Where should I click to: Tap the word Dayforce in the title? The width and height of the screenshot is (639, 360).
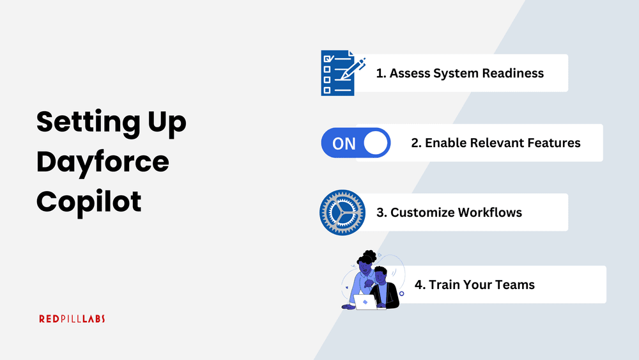click(x=103, y=162)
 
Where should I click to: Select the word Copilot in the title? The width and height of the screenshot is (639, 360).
click(x=89, y=201)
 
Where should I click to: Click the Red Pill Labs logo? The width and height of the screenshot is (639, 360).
click(x=72, y=318)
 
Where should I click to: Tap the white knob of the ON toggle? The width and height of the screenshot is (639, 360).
click(x=376, y=143)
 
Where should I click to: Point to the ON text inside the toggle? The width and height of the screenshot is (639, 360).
click(x=344, y=143)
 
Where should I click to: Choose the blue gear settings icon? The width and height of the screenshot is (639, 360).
click(x=341, y=212)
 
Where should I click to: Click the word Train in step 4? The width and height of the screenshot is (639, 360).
click(x=444, y=284)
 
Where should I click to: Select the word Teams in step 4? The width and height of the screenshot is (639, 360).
click(x=516, y=284)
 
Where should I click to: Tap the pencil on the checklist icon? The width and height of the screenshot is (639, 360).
click(x=353, y=68)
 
